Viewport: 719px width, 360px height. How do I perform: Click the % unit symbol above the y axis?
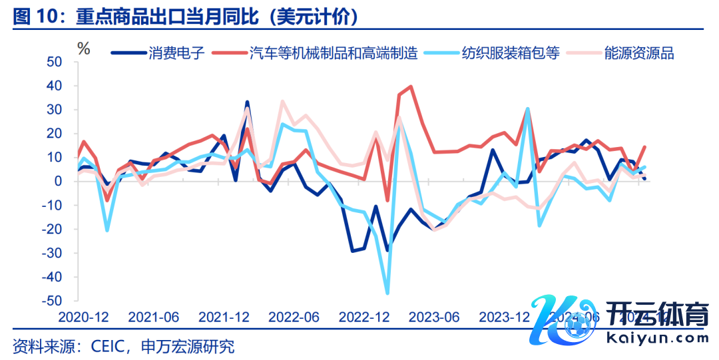(x=83, y=48)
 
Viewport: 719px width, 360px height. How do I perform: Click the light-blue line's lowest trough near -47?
(x=387, y=293)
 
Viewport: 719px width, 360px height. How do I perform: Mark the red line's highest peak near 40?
(x=411, y=87)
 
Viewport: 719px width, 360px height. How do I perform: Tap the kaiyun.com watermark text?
(x=658, y=337)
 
